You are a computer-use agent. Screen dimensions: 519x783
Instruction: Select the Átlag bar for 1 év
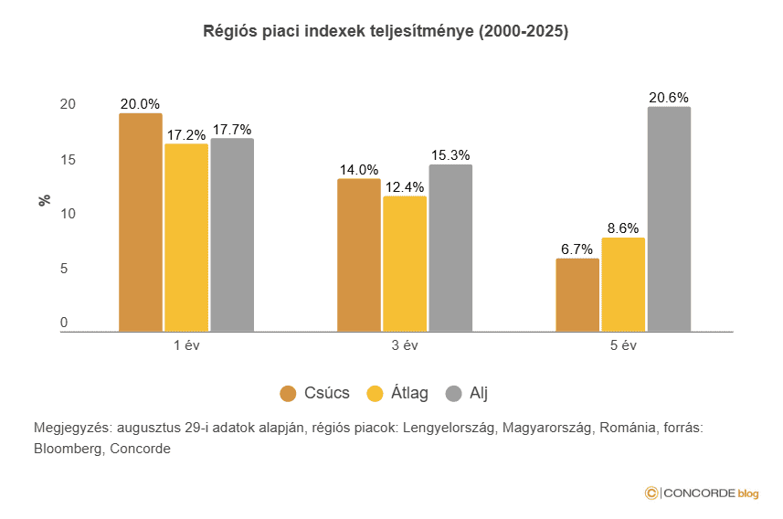click(x=186, y=237)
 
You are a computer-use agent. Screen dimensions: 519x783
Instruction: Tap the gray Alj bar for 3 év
click(x=450, y=248)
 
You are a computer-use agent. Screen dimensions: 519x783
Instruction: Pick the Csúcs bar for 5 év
click(x=577, y=294)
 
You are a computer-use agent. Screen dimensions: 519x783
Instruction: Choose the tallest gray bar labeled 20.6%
click(x=669, y=218)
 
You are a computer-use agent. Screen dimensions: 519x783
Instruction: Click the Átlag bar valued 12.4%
click(x=405, y=263)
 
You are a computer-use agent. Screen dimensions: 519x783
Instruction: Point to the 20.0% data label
click(x=141, y=104)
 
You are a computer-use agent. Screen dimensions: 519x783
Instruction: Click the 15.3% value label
click(x=450, y=155)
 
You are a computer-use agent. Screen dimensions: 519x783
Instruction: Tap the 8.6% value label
click(x=623, y=228)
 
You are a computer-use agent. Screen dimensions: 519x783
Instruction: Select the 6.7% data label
click(x=577, y=249)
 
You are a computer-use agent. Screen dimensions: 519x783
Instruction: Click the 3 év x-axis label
click(x=405, y=346)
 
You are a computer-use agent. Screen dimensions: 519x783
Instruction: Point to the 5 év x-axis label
click(x=623, y=346)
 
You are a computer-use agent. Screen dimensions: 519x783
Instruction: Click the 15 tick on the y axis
click(x=65, y=160)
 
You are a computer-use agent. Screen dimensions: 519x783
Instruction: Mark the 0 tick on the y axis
click(x=65, y=323)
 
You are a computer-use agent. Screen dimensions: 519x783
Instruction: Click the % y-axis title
click(x=44, y=199)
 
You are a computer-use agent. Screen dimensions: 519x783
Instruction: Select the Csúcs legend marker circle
click(x=289, y=394)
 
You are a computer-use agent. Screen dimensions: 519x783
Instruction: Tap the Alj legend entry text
click(x=479, y=394)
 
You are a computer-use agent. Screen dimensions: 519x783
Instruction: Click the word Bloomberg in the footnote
click(x=67, y=449)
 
